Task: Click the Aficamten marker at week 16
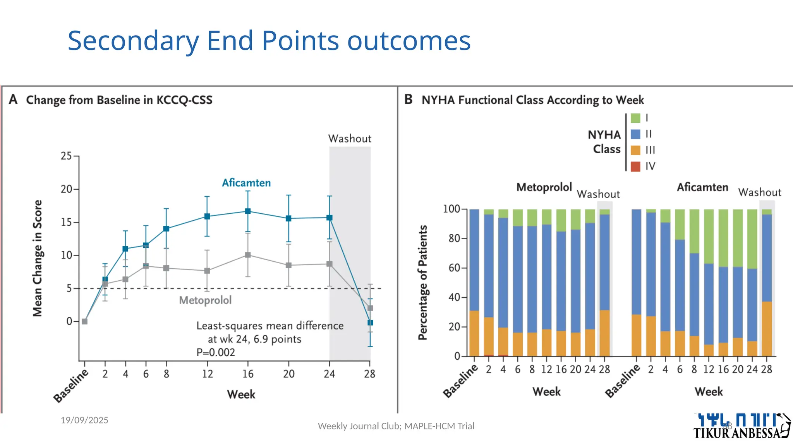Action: coord(248,211)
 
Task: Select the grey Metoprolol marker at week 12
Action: coord(207,271)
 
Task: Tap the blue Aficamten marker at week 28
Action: coord(370,322)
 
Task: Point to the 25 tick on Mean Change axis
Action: coord(67,156)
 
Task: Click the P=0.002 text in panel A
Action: coord(216,352)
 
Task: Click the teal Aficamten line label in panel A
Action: coord(246,183)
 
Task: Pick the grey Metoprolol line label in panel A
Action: coord(205,300)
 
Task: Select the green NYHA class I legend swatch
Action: coord(635,118)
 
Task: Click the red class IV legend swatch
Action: coord(635,166)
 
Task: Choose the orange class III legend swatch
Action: coord(635,150)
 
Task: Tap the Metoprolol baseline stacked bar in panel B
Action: coord(474,283)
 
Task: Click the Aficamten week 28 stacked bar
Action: coord(767,283)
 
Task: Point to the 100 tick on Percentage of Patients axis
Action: coord(451,209)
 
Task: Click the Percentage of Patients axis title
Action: coord(423,283)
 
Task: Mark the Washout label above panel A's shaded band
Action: coord(350,139)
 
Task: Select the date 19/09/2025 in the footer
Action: coord(84,420)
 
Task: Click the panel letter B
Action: coord(409,99)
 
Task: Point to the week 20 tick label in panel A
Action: coord(288,374)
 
